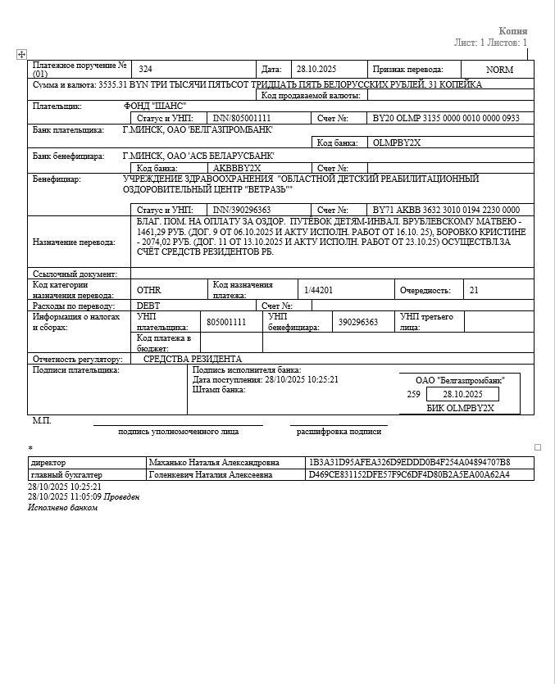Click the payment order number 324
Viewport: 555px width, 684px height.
click(x=145, y=70)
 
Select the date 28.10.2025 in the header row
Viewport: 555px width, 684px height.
click(x=316, y=70)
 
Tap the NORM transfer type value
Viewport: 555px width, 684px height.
click(x=499, y=70)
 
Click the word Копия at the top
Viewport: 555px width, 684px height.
click(x=513, y=31)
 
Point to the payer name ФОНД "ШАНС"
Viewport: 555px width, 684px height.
click(x=155, y=106)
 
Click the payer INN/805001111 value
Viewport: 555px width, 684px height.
click(x=242, y=119)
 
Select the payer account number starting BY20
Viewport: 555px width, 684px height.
click(x=446, y=119)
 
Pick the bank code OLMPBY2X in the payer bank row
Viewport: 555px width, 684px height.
click(x=397, y=143)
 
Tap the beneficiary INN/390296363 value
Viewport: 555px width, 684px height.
click(x=242, y=211)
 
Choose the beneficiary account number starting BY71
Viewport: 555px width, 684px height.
click(x=446, y=211)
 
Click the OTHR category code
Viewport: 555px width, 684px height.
click(x=149, y=290)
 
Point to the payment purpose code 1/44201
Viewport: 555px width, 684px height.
click(x=318, y=290)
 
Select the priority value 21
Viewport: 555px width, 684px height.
click(x=474, y=290)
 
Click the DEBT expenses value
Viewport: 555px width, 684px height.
click(x=148, y=306)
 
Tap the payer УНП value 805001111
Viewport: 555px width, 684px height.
click(x=226, y=323)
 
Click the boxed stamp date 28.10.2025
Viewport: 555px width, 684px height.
click(x=463, y=394)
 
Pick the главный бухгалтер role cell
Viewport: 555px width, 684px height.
click(x=66, y=474)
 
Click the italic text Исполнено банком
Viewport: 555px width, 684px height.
click(x=62, y=508)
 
